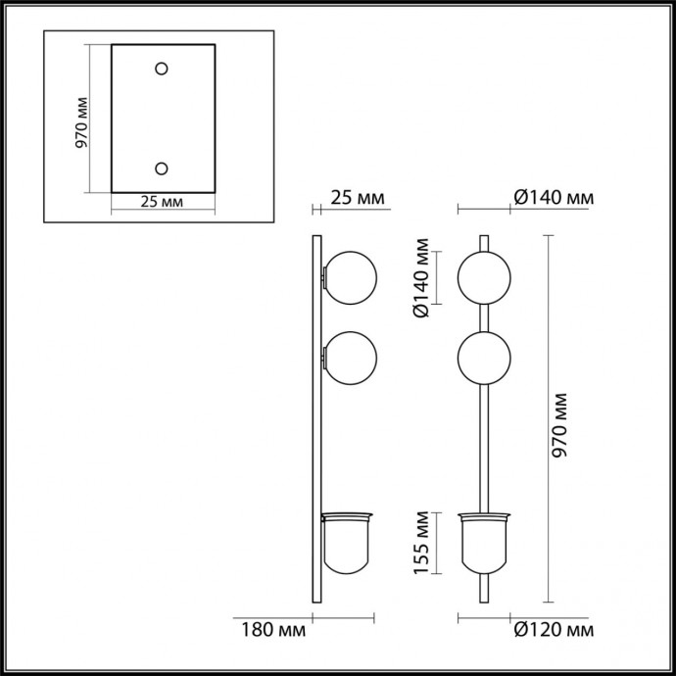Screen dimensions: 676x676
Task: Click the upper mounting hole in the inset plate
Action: pyautogui.click(x=163, y=70)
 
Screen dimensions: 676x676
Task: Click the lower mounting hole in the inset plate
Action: pyautogui.click(x=163, y=168)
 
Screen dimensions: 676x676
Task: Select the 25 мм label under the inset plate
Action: pyautogui.click(x=162, y=202)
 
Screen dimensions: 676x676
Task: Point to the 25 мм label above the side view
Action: pyautogui.click(x=358, y=199)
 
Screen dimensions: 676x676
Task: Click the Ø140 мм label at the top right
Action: pyautogui.click(x=554, y=199)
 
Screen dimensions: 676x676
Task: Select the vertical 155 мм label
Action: pyautogui.click(x=418, y=544)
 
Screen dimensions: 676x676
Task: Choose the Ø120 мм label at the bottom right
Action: pyautogui.click(x=554, y=628)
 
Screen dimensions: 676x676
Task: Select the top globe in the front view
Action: pyautogui.click(x=484, y=277)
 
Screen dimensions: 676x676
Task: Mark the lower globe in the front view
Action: pyautogui.click(x=484, y=360)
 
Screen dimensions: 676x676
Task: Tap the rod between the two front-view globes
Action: pyautogui.click(x=484, y=318)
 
